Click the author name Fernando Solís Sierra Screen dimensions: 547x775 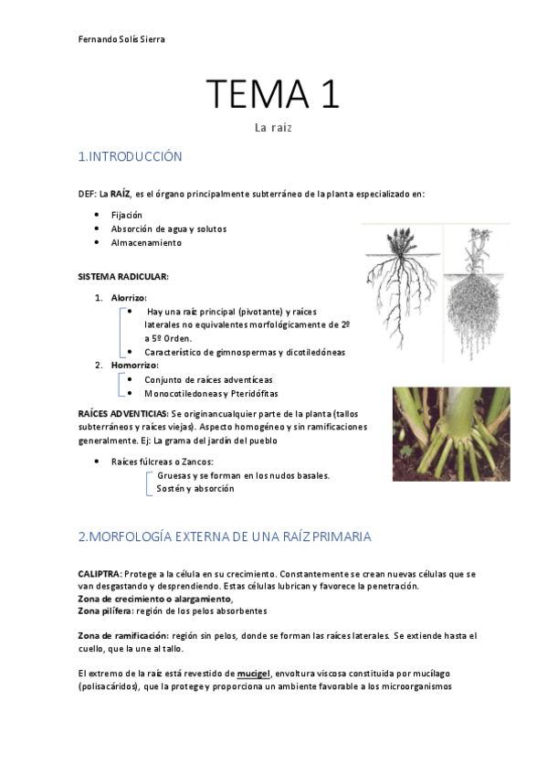coord(121,39)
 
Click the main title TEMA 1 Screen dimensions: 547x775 coord(272,94)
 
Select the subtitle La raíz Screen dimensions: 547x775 coord(272,128)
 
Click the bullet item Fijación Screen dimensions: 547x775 coord(127,214)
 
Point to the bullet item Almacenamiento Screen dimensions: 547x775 coord(146,242)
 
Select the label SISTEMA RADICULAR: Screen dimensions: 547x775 coord(122,276)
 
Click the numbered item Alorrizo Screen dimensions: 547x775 coord(128,297)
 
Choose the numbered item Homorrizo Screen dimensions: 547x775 coord(133,365)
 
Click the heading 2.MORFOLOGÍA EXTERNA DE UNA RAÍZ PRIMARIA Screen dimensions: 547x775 coord(225,536)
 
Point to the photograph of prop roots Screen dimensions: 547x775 coord(450,433)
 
